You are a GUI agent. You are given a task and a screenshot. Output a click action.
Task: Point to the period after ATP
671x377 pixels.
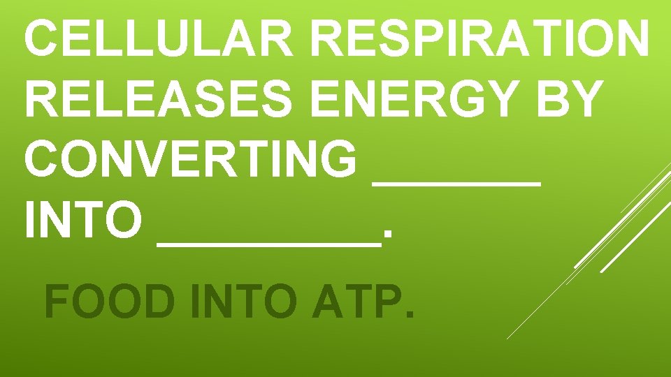pyautogui.click(x=407, y=314)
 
